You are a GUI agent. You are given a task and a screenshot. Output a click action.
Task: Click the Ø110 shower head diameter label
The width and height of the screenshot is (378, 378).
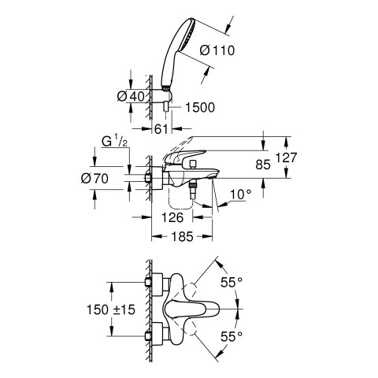click(217, 50)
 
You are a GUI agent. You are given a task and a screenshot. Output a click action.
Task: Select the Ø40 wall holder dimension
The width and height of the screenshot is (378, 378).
click(131, 97)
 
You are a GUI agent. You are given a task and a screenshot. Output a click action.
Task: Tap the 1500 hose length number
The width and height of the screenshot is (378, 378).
click(200, 107)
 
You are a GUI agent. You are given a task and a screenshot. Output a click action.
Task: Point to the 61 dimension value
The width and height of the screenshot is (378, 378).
click(161, 129)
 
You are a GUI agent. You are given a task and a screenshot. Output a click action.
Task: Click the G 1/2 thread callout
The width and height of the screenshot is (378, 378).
click(114, 142)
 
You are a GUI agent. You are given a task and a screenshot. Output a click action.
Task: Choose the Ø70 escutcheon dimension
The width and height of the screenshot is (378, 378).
click(94, 179)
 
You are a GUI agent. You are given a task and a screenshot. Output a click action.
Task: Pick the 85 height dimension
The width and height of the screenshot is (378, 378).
click(263, 165)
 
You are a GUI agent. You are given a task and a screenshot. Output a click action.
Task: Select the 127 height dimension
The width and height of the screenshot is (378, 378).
click(286, 157)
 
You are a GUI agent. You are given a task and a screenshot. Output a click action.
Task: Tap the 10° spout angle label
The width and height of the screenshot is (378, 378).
click(241, 195)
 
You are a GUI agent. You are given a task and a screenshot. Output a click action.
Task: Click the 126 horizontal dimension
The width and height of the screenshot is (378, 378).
click(172, 217)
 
